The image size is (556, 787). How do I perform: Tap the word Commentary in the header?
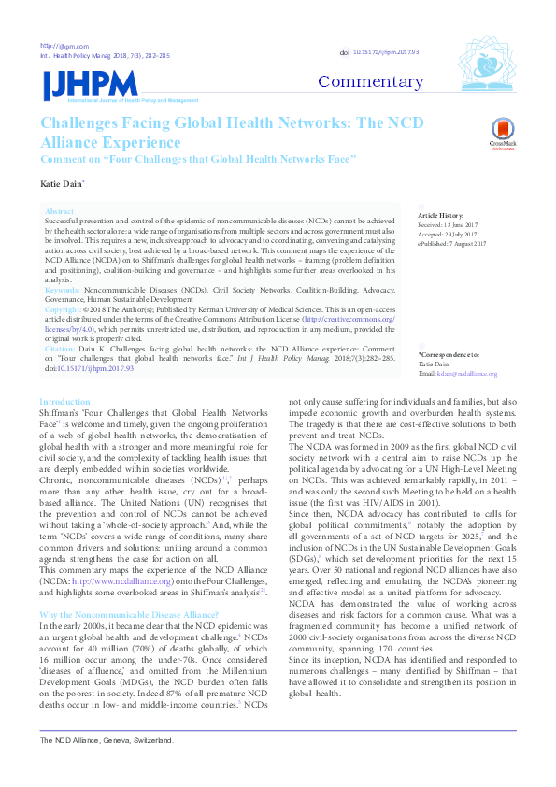[370, 81]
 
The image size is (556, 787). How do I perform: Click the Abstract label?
[59, 212]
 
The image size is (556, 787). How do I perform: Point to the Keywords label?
[63, 291]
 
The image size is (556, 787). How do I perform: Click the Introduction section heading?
[64, 402]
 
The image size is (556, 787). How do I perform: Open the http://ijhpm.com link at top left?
[64, 46]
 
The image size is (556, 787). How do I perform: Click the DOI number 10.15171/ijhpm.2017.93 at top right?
[385, 53]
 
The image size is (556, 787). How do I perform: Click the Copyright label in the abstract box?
[63, 308]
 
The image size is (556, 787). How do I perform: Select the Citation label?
[61, 347]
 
